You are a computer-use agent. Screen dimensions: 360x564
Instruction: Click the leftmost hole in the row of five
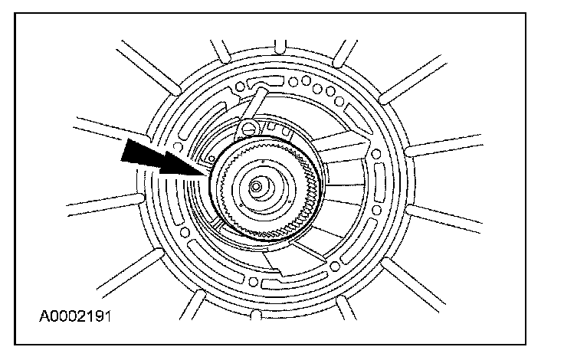pos(293,77)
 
